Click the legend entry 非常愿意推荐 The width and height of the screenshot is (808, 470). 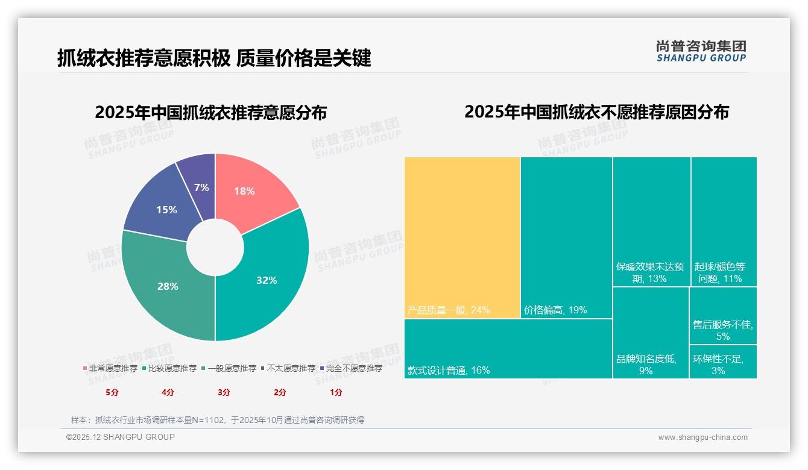(x=110, y=368)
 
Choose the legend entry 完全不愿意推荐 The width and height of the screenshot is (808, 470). (x=351, y=368)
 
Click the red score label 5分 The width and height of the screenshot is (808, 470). (x=112, y=392)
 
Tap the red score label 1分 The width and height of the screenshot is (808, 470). (x=336, y=392)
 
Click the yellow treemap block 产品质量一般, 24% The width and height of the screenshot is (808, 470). (x=462, y=237)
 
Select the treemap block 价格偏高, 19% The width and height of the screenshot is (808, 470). (x=566, y=237)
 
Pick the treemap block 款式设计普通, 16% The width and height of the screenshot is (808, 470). (x=508, y=348)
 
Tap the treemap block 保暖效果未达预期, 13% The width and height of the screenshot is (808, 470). (x=651, y=221)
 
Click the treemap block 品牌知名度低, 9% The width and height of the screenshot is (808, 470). (x=651, y=333)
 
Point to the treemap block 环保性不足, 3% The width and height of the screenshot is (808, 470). (x=723, y=362)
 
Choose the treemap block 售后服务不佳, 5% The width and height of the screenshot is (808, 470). (x=723, y=315)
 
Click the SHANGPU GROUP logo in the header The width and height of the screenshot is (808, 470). (x=701, y=51)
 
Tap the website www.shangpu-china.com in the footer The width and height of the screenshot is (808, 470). (x=702, y=437)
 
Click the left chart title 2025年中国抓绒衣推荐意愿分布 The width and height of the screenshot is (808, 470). (x=210, y=113)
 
